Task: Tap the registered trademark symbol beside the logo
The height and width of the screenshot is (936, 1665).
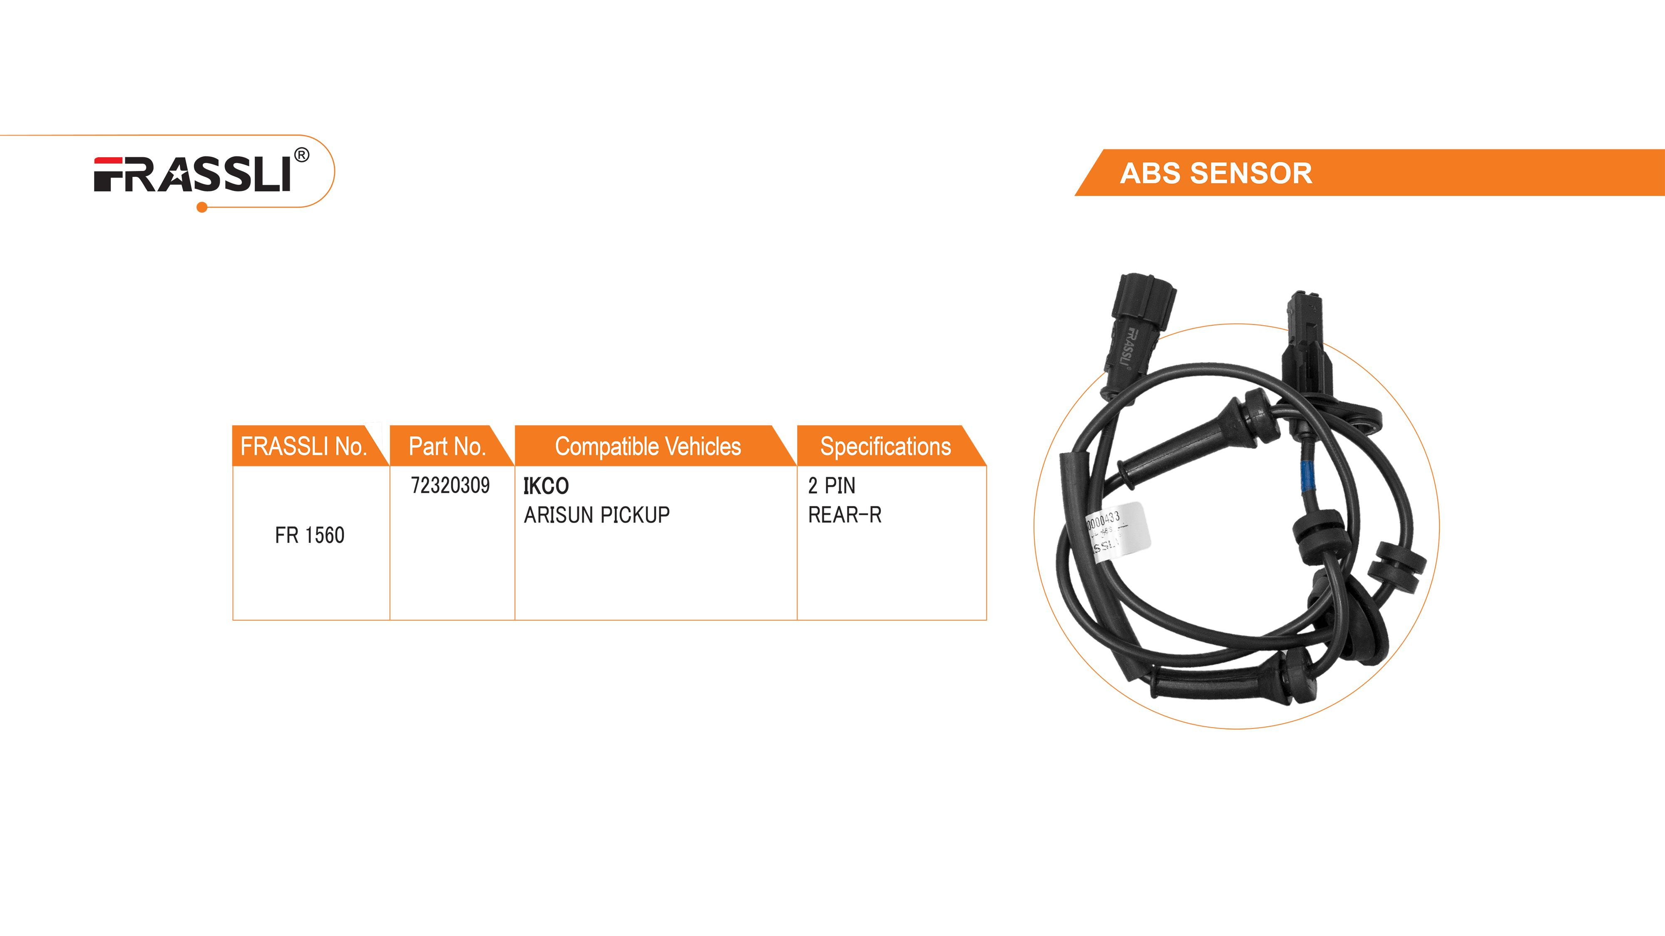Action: [x=301, y=155]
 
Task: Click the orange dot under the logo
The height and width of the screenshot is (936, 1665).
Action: [x=201, y=207]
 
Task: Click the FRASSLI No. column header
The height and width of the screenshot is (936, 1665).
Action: [x=303, y=446]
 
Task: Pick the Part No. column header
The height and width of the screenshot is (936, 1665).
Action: [x=447, y=446]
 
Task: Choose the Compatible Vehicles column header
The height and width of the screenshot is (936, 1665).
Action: [x=648, y=446]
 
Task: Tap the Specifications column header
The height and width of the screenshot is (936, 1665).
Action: [x=885, y=446]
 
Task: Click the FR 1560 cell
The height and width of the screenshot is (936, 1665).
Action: [x=310, y=535]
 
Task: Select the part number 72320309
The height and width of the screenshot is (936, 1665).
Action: [x=450, y=485]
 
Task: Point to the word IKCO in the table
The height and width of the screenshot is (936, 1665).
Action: [x=546, y=486]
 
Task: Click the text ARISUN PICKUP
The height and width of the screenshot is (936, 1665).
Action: [x=596, y=515]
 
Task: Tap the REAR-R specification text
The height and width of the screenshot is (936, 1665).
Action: [x=844, y=515]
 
